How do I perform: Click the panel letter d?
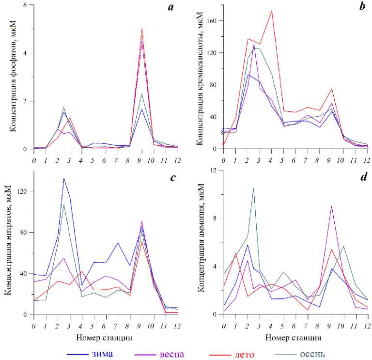point(361,177)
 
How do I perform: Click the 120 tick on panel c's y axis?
point(23,191)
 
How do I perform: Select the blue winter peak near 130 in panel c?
point(63,178)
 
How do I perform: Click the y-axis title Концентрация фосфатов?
point(10,78)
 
